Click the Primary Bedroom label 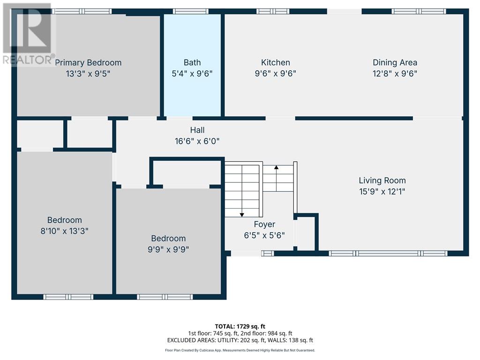[x=88, y=63]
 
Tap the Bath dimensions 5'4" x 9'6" [x=192, y=74]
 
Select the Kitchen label [x=276, y=62]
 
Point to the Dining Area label [x=395, y=63]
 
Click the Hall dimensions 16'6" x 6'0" [x=197, y=141]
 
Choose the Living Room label [x=382, y=180]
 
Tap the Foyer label [x=264, y=225]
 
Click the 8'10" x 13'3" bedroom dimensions [x=65, y=231]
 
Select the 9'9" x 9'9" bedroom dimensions [x=168, y=249]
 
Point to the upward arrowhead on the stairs [x=277, y=167]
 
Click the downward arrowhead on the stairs [x=242, y=215]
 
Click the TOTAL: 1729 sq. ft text [x=240, y=326]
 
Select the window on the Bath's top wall [x=191, y=12]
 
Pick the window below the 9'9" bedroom [x=165, y=297]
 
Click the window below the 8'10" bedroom [x=68, y=297]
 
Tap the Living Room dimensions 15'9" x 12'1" [x=382, y=192]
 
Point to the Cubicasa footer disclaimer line [x=240, y=350]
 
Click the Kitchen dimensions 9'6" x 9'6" [x=276, y=74]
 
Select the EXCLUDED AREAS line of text [x=240, y=340]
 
